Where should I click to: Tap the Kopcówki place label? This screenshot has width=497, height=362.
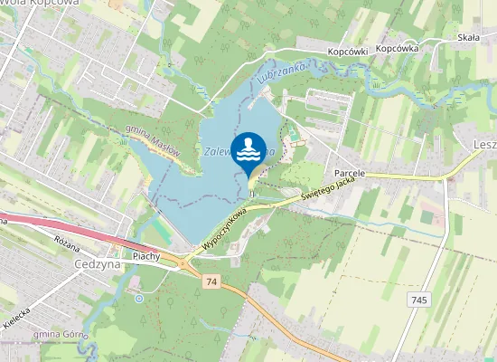(347, 52)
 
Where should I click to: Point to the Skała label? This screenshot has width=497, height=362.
(468, 38)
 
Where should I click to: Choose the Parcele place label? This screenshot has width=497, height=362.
(349, 172)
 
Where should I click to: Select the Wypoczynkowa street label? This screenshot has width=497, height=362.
(224, 231)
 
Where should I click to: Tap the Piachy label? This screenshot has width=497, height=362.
(145, 256)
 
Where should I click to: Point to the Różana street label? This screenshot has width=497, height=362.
(68, 245)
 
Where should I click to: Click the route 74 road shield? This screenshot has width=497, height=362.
(211, 283)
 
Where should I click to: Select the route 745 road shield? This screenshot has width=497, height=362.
(417, 300)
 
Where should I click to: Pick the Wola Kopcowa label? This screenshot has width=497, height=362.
(41, 4)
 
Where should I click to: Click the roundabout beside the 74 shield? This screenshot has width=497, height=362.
(185, 263)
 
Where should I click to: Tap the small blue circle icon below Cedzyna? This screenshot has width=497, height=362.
(138, 297)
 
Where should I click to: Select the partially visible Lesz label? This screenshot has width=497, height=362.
(484, 144)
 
